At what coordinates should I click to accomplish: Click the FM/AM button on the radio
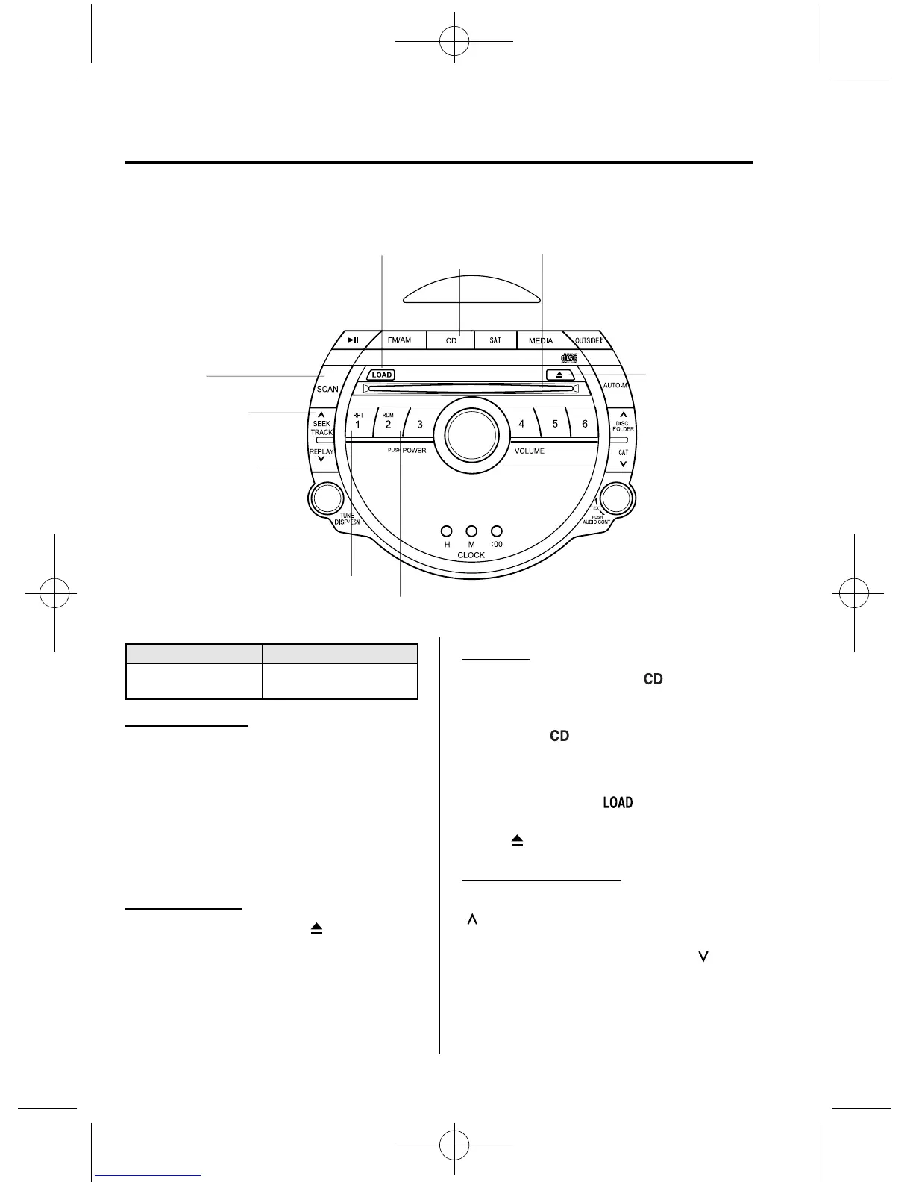pos(399,340)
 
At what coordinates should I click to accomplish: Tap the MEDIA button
pos(541,341)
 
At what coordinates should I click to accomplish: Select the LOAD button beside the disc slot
pos(380,375)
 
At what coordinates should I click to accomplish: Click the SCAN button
pos(327,389)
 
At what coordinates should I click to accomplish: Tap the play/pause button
pos(354,340)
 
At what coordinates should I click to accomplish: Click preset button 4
pos(521,424)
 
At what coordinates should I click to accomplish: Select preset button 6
pos(585,424)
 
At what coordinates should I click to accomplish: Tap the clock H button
pos(446,531)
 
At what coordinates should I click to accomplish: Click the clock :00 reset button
pos(497,531)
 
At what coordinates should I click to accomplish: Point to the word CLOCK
pos(471,555)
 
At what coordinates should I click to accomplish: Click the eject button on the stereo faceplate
pos(559,375)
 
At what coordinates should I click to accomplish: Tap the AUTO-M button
pos(615,386)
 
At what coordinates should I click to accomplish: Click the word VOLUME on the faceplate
pos(529,451)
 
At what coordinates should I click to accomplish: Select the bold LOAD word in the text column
pos(618,803)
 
